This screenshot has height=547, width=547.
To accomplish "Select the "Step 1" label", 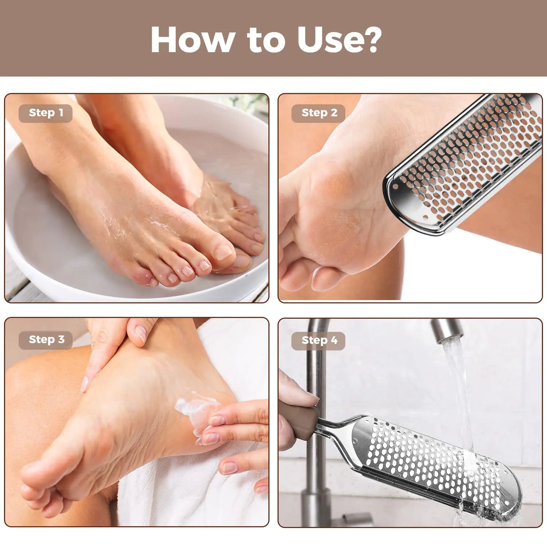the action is (46, 113).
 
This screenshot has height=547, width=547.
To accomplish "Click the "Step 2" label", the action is (319, 113).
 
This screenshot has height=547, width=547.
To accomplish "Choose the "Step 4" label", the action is (319, 340).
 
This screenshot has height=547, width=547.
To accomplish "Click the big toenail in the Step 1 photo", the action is (223, 252).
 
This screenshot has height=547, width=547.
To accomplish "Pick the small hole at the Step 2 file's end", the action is (426, 218).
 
